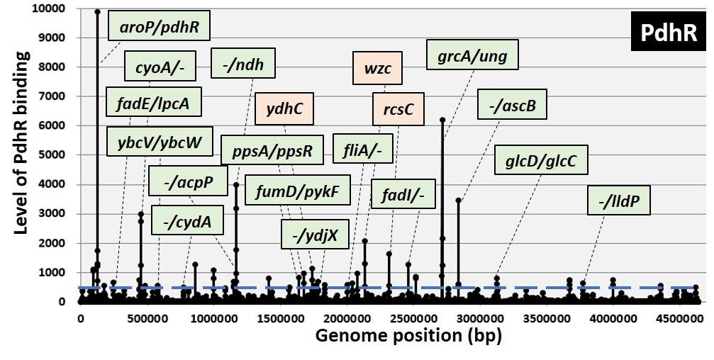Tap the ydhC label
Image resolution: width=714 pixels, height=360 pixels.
click(x=285, y=109)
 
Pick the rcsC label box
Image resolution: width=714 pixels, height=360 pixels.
click(x=398, y=109)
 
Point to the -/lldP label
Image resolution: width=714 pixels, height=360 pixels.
click(x=619, y=202)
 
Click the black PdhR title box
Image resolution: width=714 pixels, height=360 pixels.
click(x=669, y=33)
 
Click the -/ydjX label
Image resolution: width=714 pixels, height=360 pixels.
click(x=316, y=234)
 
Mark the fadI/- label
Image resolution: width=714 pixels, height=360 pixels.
click(x=403, y=194)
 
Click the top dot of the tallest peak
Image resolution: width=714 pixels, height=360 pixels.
click(x=97, y=11)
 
